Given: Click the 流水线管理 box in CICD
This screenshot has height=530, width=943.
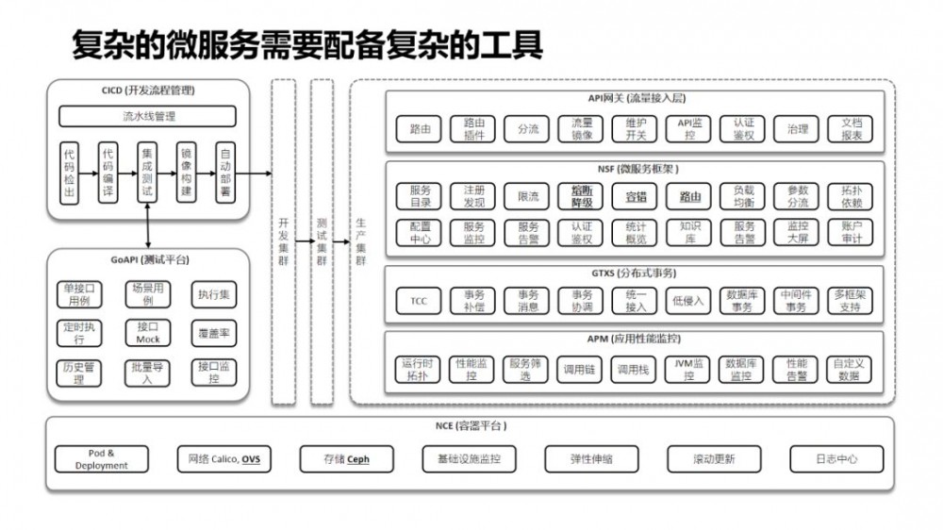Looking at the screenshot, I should point(148,117).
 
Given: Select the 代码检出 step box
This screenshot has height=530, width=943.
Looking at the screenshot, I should point(70,172).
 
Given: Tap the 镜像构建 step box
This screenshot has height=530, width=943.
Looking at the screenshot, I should point(185,172).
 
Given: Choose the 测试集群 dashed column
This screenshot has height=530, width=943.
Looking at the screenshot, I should point(322,242).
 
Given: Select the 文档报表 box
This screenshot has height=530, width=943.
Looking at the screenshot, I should point(851,129).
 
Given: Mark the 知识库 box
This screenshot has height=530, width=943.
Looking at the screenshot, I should point(689,232).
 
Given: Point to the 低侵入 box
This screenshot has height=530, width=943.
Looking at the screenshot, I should point(689,301).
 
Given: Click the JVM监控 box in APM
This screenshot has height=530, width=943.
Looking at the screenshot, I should point(689,369).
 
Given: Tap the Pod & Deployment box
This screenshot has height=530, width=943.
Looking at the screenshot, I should point(102,459).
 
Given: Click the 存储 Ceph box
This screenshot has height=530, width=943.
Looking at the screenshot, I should point(346,459).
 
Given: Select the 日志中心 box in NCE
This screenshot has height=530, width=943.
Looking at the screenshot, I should point(836,459).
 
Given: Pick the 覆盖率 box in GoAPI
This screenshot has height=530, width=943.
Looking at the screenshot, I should point(214,333).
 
